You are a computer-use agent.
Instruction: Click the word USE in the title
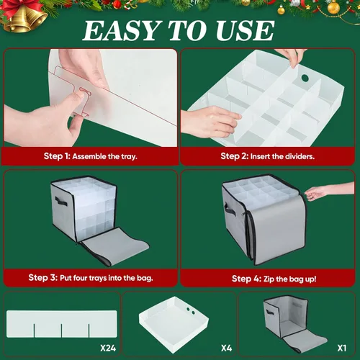[245, 30]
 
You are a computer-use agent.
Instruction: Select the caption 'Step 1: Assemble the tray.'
[91, 156]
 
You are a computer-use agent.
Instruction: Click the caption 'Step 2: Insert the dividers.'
[267, 156]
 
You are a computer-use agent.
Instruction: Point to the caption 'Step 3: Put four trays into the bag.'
[91, 278]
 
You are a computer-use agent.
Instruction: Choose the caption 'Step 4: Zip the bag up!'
[274, 279]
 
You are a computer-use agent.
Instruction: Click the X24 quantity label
[108, 348]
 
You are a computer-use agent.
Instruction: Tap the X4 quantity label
[227, 348]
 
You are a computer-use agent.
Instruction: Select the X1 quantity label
[342, 348]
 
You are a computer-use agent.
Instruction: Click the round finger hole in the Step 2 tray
[305, 78]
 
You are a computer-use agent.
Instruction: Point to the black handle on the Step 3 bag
[61, 201]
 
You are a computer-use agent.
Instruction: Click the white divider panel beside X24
[62, 324]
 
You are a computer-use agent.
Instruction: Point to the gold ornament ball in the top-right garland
[333, 7]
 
